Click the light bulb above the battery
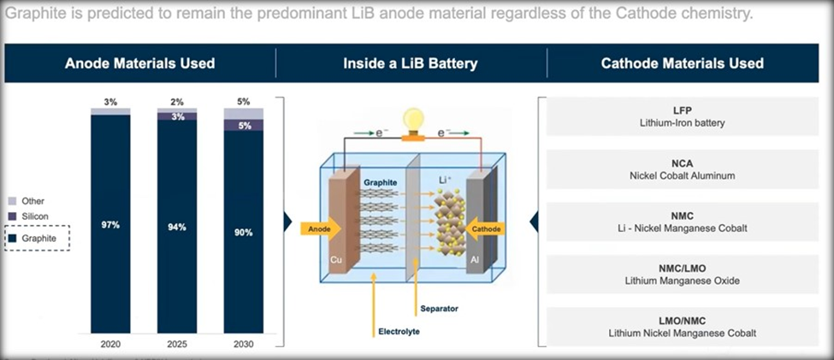point(413,119)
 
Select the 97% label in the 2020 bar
point(110,225)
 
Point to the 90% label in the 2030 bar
point(243,231)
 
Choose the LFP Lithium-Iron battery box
point(682,116)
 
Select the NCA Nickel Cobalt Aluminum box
point(682,168)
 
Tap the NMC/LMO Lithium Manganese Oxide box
point(682,274)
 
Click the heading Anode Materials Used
point(139,63)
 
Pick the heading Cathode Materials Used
point(682,63)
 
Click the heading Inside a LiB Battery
point(410,63)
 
